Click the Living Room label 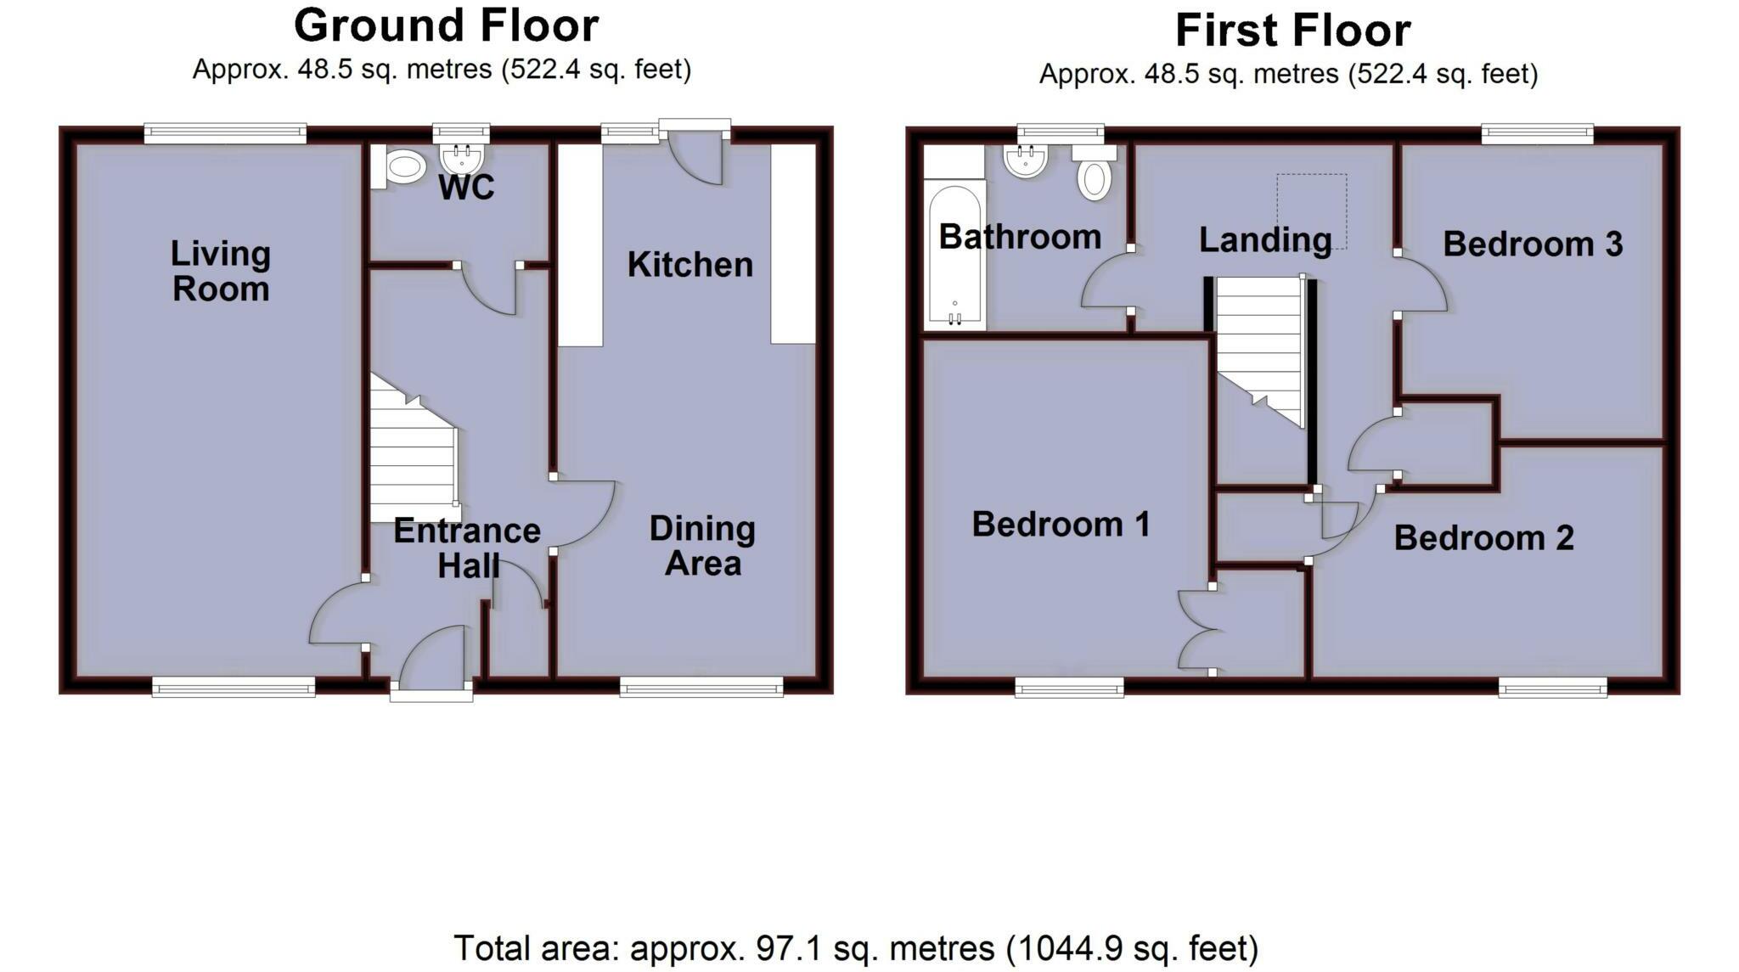pyautogui.click(x=221, y=271)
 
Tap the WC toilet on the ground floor pyautogui.click(x=402, y=166)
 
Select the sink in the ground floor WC pyautogui.click(x=462, y=157)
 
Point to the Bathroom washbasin pyautogui.click(x=1026, y=160)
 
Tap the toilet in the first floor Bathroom pyautogui.click(x=1095, y=176)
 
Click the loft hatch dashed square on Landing pyautogui.click(x=1312, y=211)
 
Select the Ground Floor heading pyautogui.click(x=446, y=25)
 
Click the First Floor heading pyautogui.click(x=1292, y=31)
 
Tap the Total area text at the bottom pyautogui.click(x=856, y=948)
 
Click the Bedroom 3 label pyautogui.click(x=1533, y=244)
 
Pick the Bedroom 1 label pyautogui.click(x=1061, y=524)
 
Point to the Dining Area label pyautogui.click(x=702, y=546)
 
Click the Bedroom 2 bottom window pyautogui.click(x=1552, y=687)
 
